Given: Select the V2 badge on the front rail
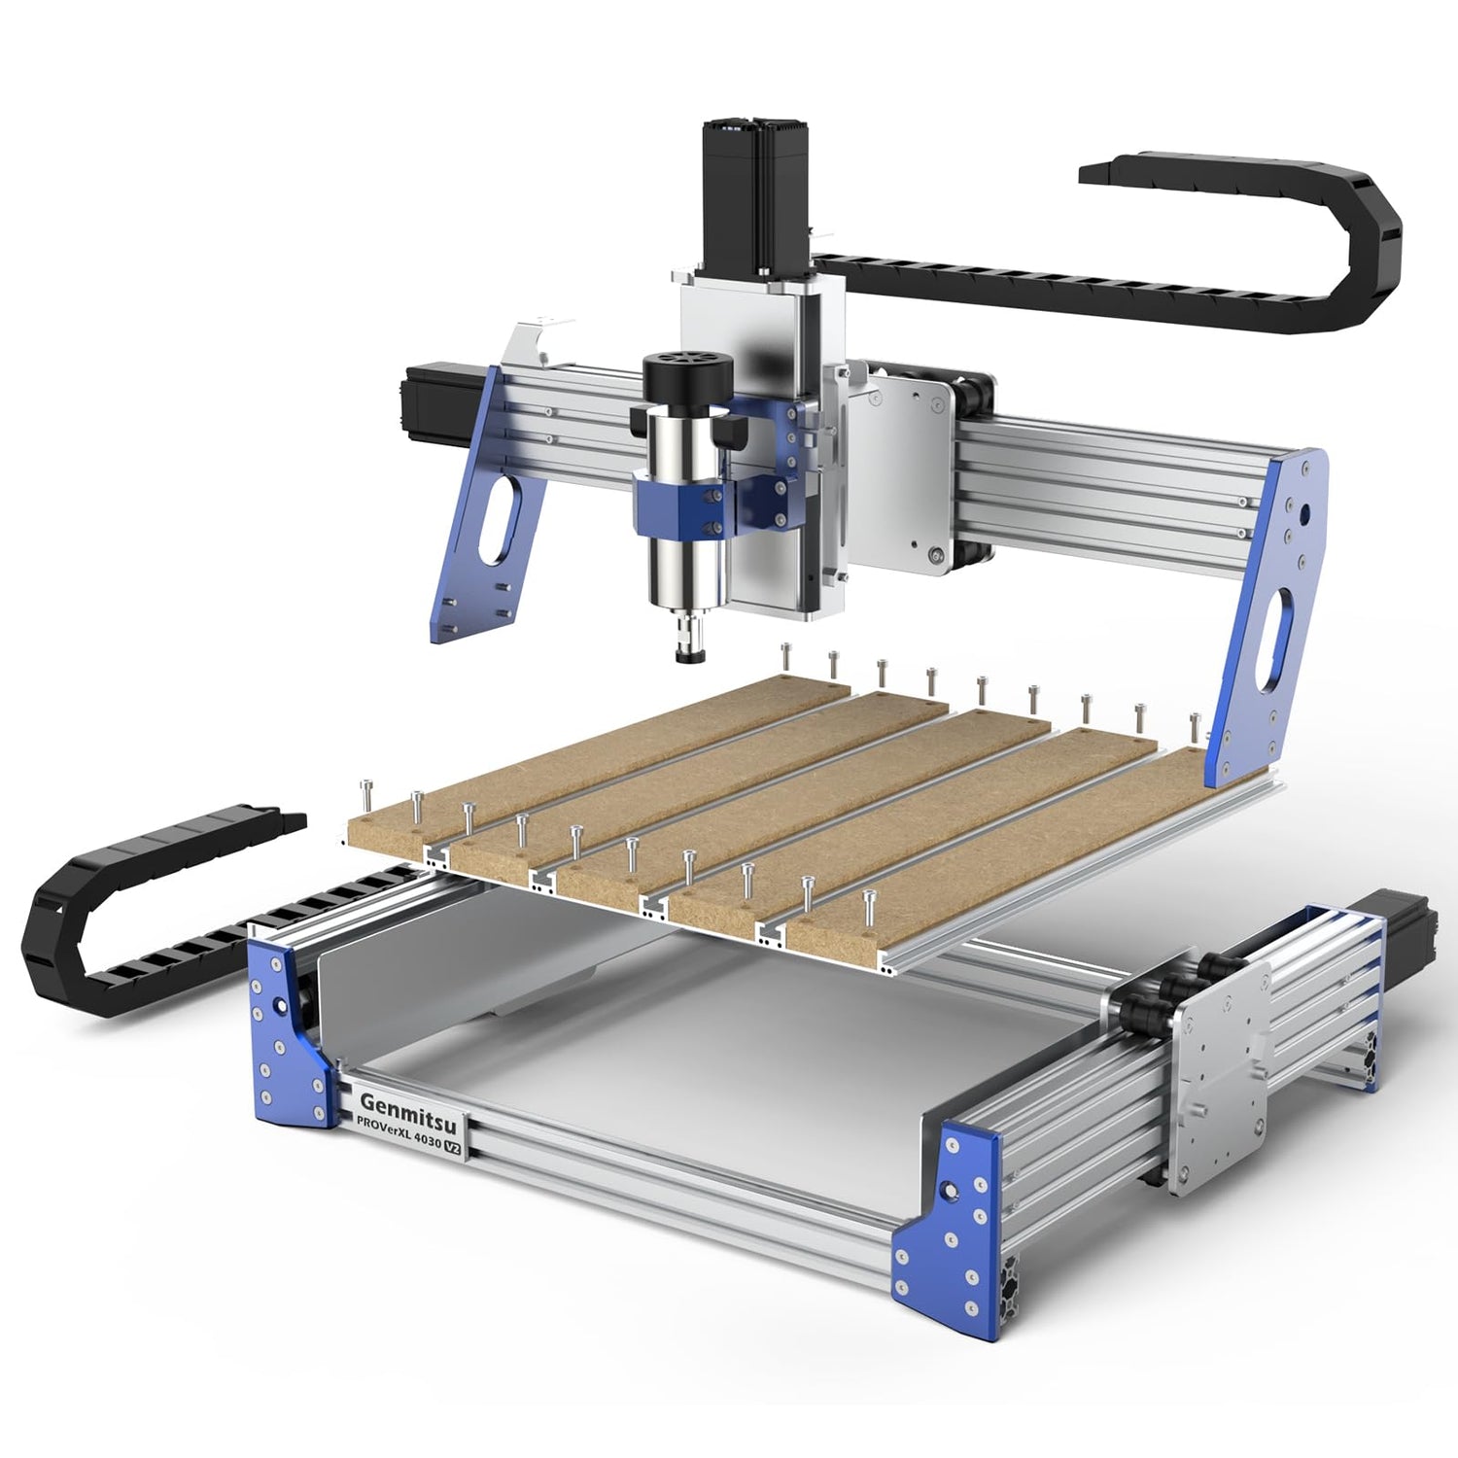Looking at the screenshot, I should pos(452,1146).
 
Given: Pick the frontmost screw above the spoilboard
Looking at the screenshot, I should pos(869,905).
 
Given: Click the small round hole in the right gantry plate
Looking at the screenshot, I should pos(1305,511).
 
